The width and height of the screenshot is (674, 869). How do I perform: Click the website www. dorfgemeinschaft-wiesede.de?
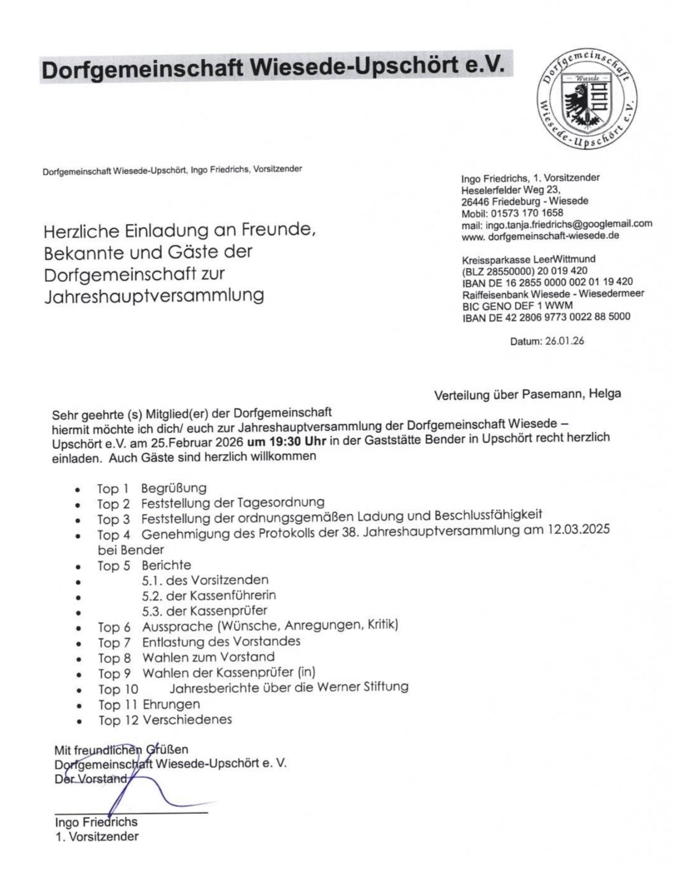point(540,236)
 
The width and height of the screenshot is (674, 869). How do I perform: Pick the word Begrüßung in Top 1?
point(173,488)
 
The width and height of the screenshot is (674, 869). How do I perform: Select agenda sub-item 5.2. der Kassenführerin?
point(208,595)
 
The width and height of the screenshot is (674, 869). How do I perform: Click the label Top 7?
point(114,642)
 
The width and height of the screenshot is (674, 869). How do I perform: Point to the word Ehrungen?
point(171,704)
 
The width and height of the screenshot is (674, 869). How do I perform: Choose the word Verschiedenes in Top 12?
point(187,720)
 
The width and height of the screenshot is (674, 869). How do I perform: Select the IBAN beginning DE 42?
point(546,317)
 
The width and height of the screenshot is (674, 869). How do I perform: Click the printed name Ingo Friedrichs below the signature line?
point(96,822)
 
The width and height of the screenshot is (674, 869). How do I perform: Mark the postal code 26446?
point(474,201)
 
